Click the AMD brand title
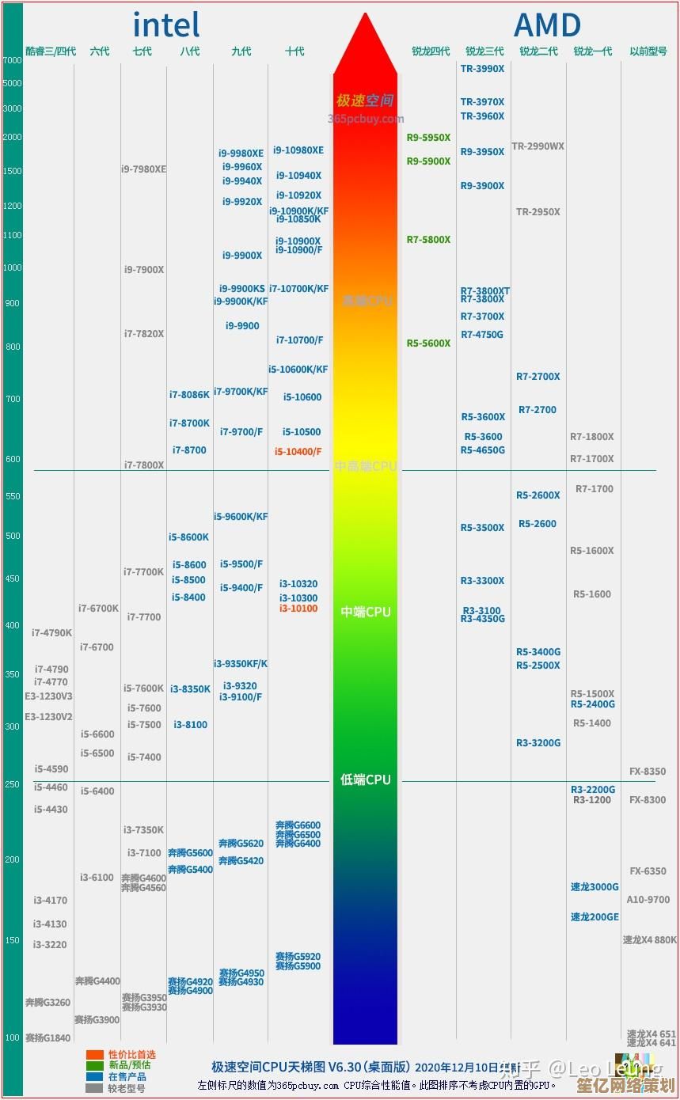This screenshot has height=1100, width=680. tap(547, 25)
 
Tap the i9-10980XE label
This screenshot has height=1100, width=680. tap(298, 150)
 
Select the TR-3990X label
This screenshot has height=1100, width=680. tap(482, 69)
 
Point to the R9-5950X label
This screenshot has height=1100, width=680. tap(428, 138)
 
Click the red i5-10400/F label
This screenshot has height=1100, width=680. tap(298, 451)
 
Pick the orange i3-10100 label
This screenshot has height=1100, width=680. tap(298, 609)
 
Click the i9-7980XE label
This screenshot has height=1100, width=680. tap(143, 169)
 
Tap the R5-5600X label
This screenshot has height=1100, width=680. tap(428, 343)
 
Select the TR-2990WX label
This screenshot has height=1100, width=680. tap(538, 146)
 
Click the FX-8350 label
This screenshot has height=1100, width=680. tap(648, 772)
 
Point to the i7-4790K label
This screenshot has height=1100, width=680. tap(51, 633)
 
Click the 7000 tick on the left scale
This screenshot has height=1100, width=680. tap(13, 60)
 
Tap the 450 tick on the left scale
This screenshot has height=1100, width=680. tap(13, 578)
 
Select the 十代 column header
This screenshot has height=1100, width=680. tap(294, 51)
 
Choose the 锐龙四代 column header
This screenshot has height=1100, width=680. tap(431, 51)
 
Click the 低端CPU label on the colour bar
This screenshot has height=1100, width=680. tap(365, 780)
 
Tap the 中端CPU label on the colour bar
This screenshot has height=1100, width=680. tap(365, 613)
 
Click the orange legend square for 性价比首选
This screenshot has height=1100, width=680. tap(95, 1055)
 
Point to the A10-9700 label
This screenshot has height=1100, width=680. tap(648, 900)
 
